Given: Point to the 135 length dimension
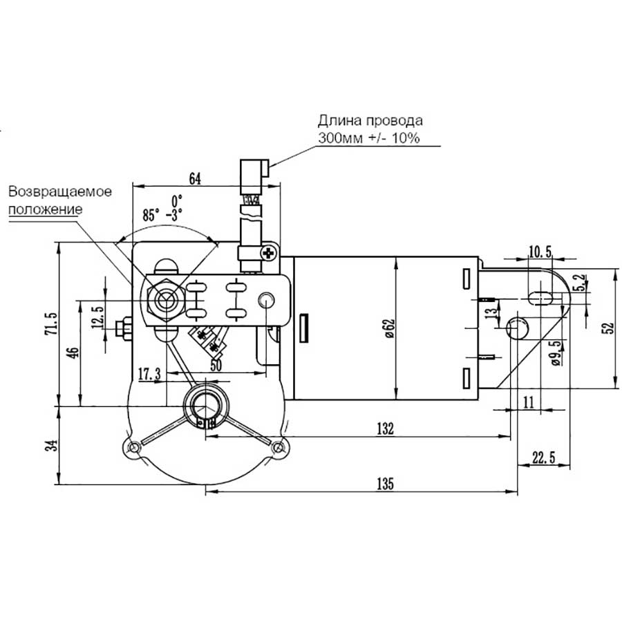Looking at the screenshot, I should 384,484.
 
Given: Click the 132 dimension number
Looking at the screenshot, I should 384,428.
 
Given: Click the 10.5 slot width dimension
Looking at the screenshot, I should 539,252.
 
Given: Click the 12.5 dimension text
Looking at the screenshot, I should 97,315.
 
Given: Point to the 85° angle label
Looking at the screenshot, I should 151,215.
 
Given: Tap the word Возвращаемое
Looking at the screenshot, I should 60,191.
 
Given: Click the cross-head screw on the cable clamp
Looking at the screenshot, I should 269,254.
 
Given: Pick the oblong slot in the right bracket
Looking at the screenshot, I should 540,296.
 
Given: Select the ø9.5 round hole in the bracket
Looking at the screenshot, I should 518,328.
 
